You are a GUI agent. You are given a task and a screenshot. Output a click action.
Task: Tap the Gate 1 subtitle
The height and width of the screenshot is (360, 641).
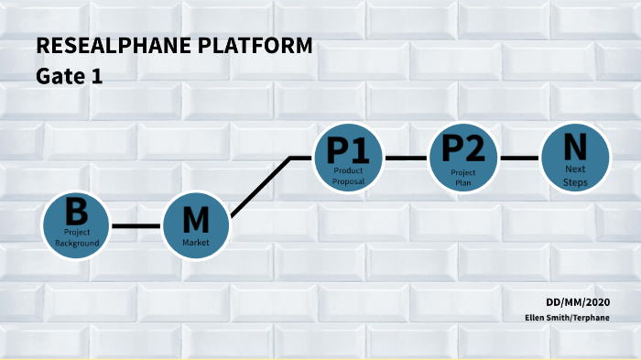(69, 77)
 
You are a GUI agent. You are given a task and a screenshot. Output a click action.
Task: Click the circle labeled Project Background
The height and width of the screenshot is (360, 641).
(76, 224)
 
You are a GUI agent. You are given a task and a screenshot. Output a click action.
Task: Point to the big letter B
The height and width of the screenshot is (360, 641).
(76, 213)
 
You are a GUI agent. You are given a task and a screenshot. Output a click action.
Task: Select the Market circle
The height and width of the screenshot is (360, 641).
(196, 226)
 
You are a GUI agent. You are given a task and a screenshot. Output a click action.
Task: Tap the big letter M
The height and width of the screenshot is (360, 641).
(196, 221)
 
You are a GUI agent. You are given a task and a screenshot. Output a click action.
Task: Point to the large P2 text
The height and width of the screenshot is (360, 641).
(462, 147)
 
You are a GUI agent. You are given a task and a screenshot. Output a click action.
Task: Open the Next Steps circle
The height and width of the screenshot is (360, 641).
(575, 158)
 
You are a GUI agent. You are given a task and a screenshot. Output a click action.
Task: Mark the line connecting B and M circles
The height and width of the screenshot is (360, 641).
(136, 225)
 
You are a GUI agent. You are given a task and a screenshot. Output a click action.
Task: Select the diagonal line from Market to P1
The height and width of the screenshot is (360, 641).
(260, 188)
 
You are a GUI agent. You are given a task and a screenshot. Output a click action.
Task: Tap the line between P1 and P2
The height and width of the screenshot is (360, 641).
(406, 158)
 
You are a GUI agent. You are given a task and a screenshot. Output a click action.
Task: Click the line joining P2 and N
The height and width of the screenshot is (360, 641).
(519, 158)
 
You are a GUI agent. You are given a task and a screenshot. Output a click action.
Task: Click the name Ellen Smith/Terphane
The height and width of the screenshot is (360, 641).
(567, 317)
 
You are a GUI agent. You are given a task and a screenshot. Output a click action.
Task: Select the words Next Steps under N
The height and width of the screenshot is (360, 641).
(575, 177)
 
